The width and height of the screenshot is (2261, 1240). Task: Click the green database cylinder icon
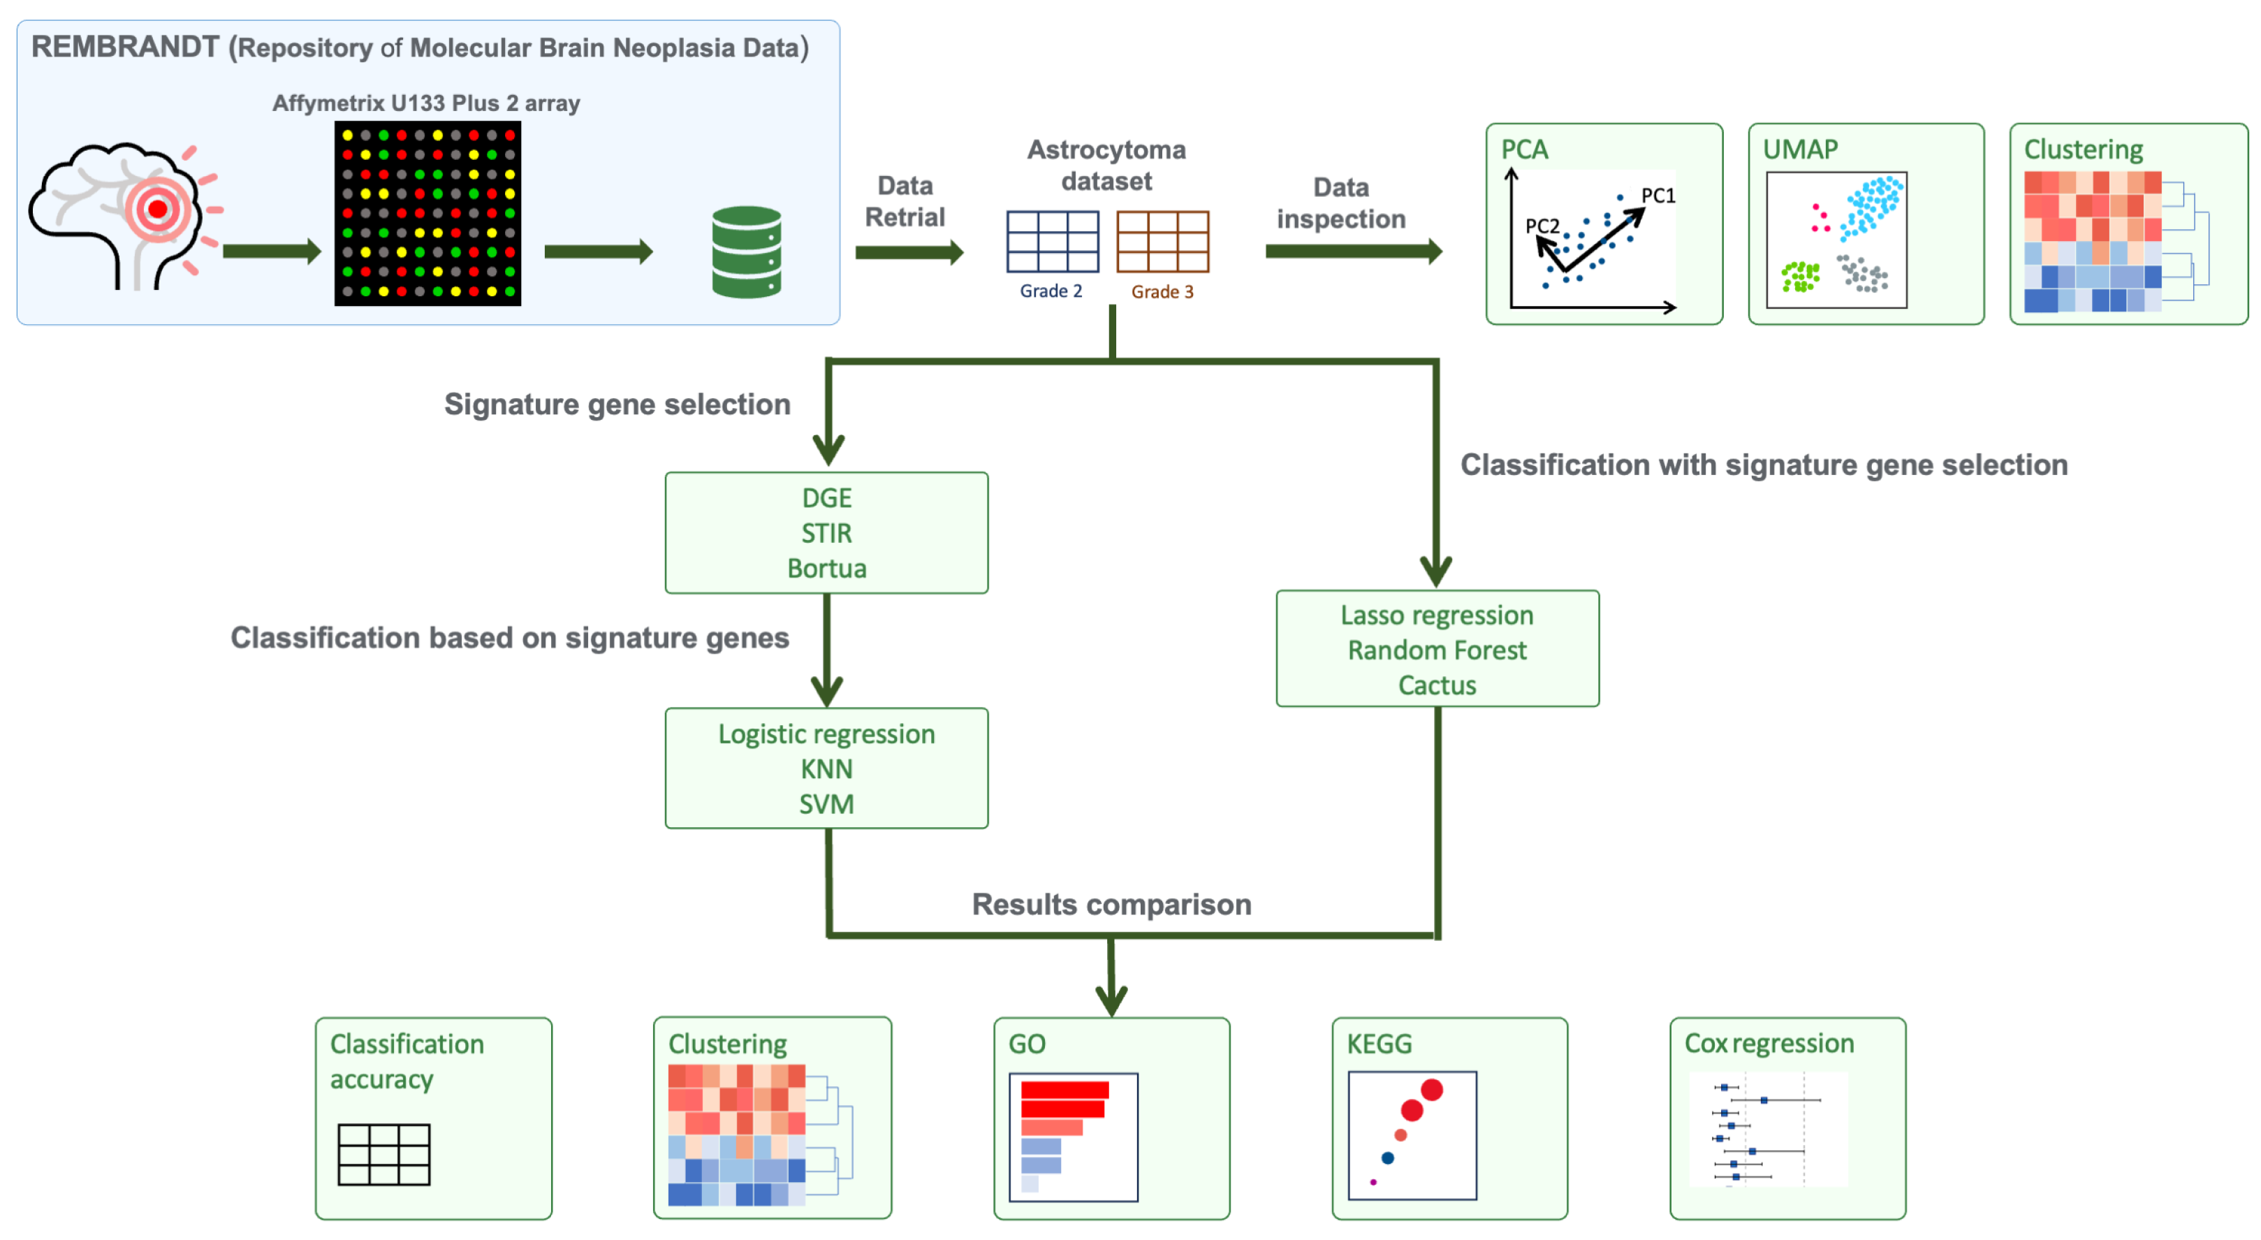(x=746, y=252)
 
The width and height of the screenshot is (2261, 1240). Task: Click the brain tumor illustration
(x=126, y=216)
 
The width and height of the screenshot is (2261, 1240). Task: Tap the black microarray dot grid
(x=427, y=213)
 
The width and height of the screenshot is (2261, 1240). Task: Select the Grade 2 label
(x=1051, y=291)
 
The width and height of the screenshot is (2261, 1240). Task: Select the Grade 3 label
(x=1162, y=291)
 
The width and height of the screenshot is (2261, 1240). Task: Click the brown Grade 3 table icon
(x=1162, y=241)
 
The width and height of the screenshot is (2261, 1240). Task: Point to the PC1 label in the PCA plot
(x=1658, y=196)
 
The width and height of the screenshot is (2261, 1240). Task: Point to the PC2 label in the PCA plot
(x=1542, y=226)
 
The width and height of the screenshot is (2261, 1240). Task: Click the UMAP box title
(x=1800, y=149)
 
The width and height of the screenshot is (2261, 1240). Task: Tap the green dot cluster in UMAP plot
(x=1800, y=277)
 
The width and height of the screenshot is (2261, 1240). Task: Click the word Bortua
(x=827, y=569)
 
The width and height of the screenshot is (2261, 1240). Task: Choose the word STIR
(x=827, y=534)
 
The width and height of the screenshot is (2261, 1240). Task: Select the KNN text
(x=827, y=770)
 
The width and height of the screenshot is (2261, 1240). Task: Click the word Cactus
(x=1437, y=685)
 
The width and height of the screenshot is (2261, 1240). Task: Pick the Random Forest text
(x=1437, y=650)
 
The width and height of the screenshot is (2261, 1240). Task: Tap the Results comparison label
(x=1111, y=905)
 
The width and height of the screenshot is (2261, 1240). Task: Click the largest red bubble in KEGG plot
(x=1432, y=1090)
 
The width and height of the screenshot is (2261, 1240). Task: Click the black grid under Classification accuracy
(x=383, y=1155)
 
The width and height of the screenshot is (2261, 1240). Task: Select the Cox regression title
(x=1769, y=1044)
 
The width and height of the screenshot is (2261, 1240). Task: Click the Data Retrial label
(x=905, y=202)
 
